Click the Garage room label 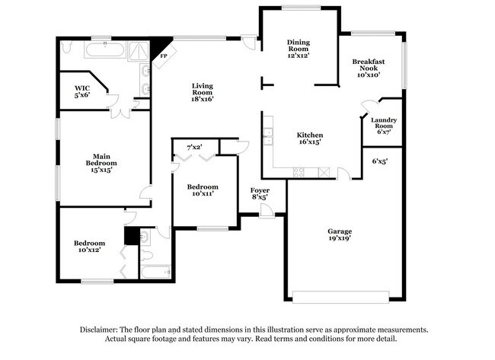pos(339,234)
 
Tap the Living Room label pos(202,91)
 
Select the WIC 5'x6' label pos(82,91)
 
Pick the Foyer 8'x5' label pos(260,193)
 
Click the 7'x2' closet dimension pos(194,146)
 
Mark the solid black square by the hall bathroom pos(131,236)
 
